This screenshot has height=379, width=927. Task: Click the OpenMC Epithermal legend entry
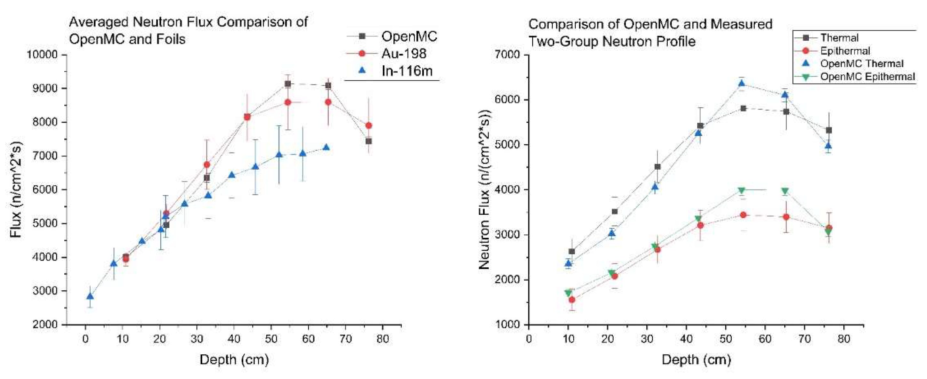point(867,77)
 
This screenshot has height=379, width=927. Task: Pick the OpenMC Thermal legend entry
point(862,64)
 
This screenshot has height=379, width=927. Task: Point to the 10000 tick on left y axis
point(42,55)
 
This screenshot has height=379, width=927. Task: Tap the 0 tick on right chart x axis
point(528,339)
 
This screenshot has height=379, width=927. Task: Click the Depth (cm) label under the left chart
point(234,359)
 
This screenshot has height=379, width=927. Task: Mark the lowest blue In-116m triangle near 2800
point(90,296)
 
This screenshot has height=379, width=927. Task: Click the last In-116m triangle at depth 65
point(326,148)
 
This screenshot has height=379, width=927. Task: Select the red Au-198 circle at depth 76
point(368,125)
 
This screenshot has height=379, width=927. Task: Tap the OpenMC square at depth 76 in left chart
point(368,141)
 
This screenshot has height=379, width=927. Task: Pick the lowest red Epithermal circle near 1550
point(572,300)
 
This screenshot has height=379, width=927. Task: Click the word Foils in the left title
point(168,39)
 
